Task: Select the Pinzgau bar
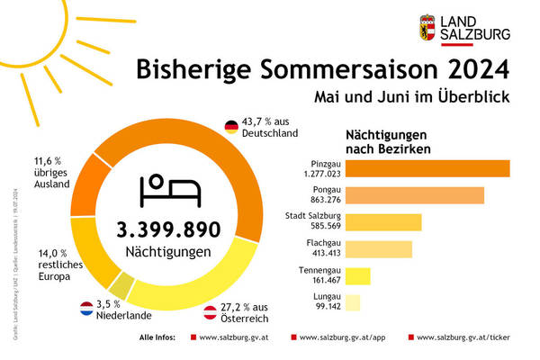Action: (x=427, y=167)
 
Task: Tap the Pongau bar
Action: (x=415, y=194)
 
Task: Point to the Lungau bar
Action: (x=353, y=302)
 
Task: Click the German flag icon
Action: (x=230, y=125)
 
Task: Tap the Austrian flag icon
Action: (x=209, y=313)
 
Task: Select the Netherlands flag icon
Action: (x=88, y=308)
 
